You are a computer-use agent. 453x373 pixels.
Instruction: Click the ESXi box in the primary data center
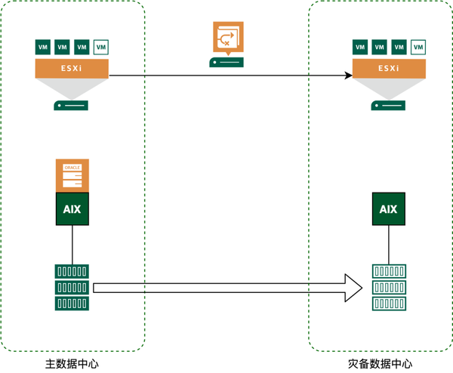click(72, 69)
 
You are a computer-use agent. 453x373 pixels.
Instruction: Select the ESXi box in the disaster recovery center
click(389, 69)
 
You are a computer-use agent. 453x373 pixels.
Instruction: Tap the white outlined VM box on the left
click(101, 47)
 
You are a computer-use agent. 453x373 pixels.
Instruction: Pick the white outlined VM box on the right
click(418, 47)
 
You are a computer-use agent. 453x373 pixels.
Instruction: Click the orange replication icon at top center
click(228, 38)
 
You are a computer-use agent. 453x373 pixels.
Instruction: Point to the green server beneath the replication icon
click(226, 62)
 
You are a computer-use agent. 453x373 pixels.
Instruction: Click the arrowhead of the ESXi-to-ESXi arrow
click(349, 76)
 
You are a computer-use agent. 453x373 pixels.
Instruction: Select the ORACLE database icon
click(72, 175)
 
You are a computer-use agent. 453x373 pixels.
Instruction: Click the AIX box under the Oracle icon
click(72, 209)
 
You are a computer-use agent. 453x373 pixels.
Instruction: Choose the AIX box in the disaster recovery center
click(389, 209)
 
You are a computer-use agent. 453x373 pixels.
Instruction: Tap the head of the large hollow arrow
click(354, 288)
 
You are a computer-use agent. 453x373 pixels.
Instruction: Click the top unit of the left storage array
click(72, 271)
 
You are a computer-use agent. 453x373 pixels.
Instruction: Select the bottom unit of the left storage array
click(72, 304)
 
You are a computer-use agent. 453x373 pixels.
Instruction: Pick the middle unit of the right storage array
click(389, 288)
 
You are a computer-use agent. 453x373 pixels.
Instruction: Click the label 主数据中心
click(72, 364)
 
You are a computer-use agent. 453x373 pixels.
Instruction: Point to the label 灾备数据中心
click(381, 364)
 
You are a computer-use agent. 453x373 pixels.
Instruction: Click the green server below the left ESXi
click(71, 106)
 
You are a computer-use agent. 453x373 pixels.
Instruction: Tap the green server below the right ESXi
click(388, 106)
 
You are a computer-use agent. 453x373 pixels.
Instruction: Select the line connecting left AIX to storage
click(72, 245)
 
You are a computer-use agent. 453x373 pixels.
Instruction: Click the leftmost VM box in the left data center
click(43, 47)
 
